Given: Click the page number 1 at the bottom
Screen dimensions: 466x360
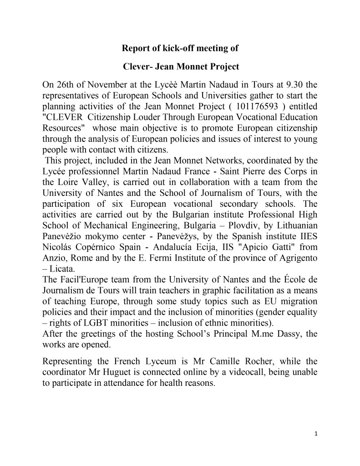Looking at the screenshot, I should pos(316,433).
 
